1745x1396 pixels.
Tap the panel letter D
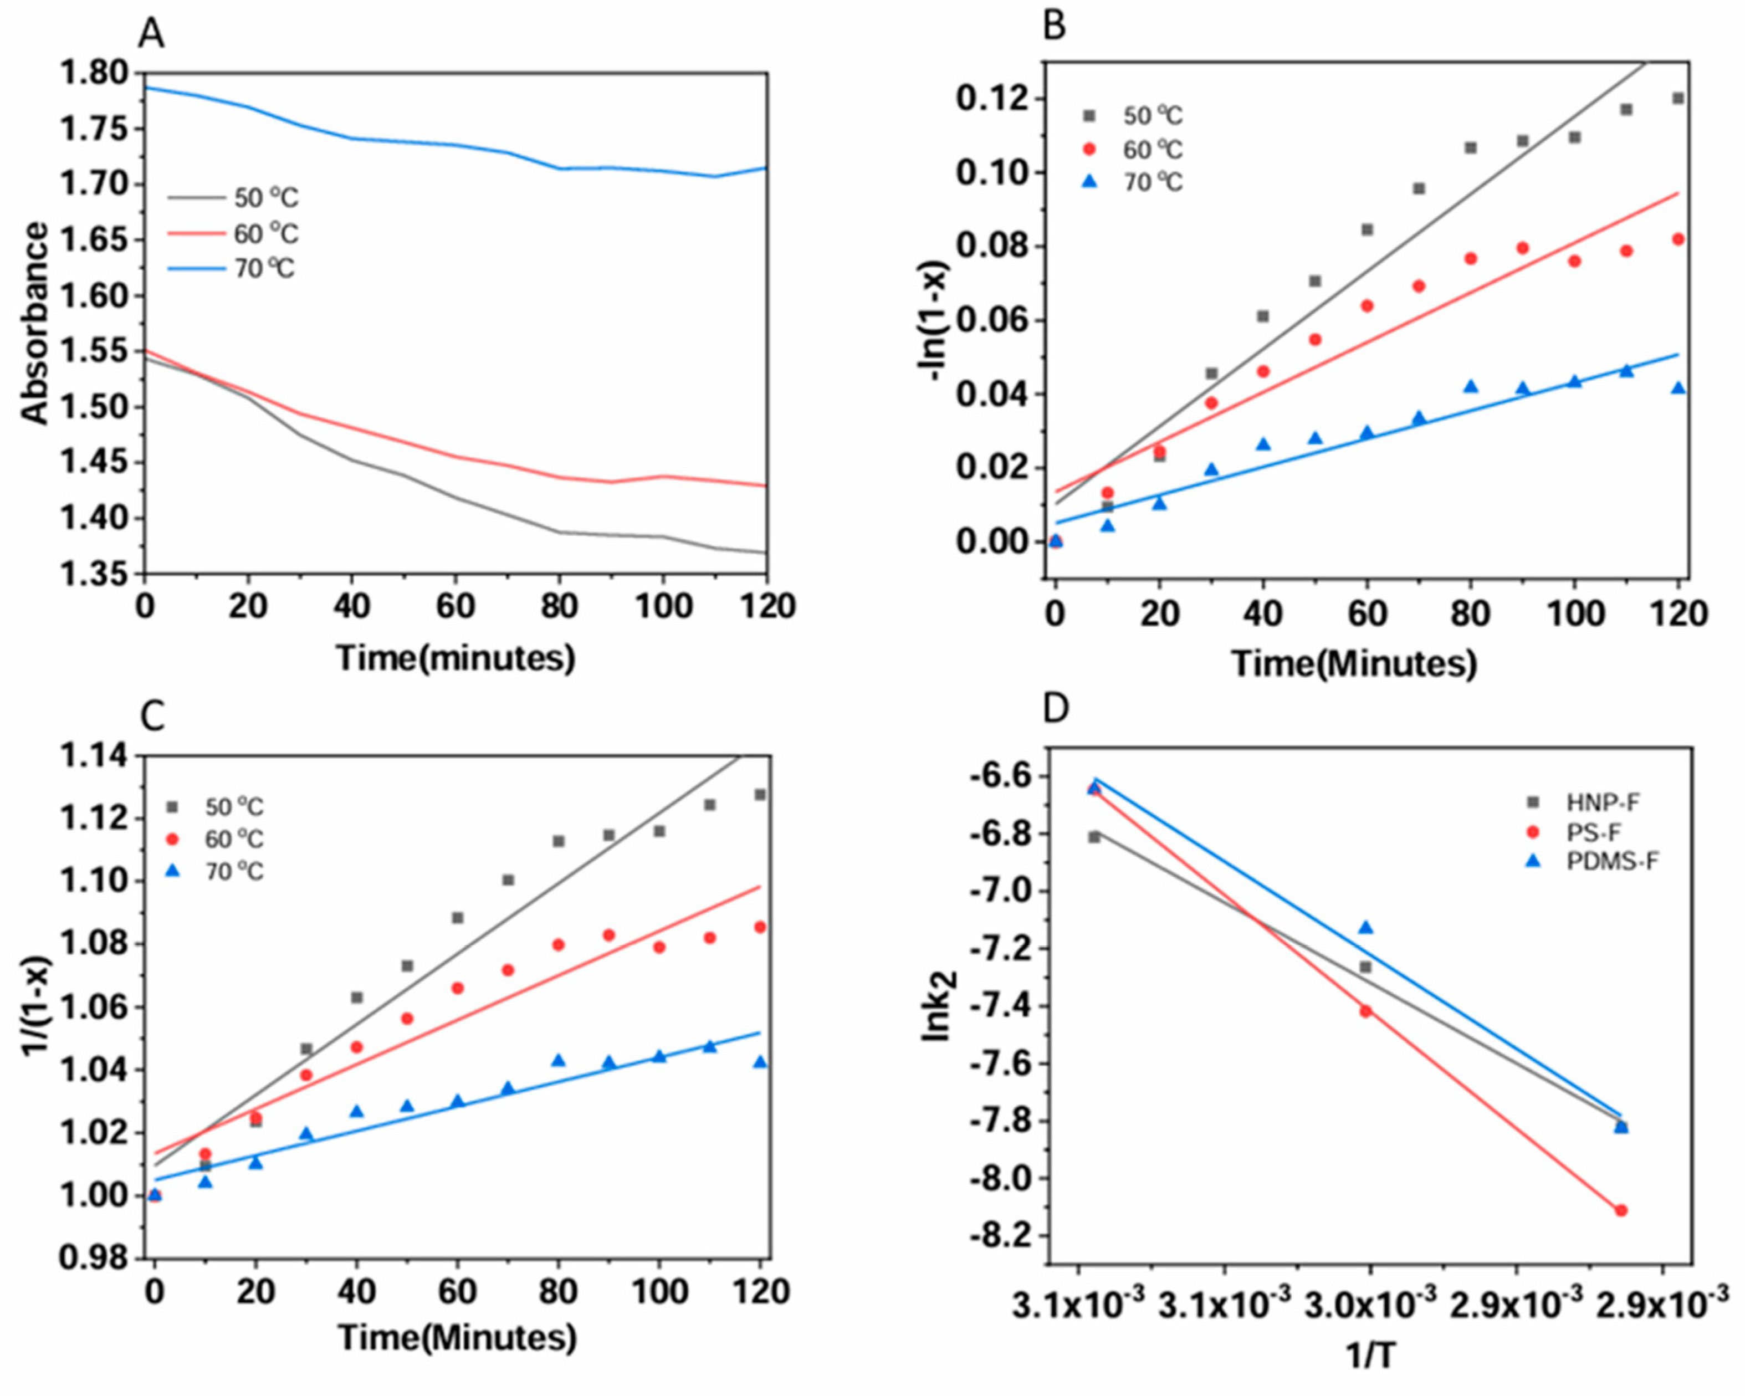1056,709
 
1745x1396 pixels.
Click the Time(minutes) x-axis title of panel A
456,658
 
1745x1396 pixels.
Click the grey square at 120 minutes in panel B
1678,98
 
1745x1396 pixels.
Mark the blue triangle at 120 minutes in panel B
1678,387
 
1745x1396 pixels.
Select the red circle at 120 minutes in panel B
1678,239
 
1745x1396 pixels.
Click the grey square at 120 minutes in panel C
760,795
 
